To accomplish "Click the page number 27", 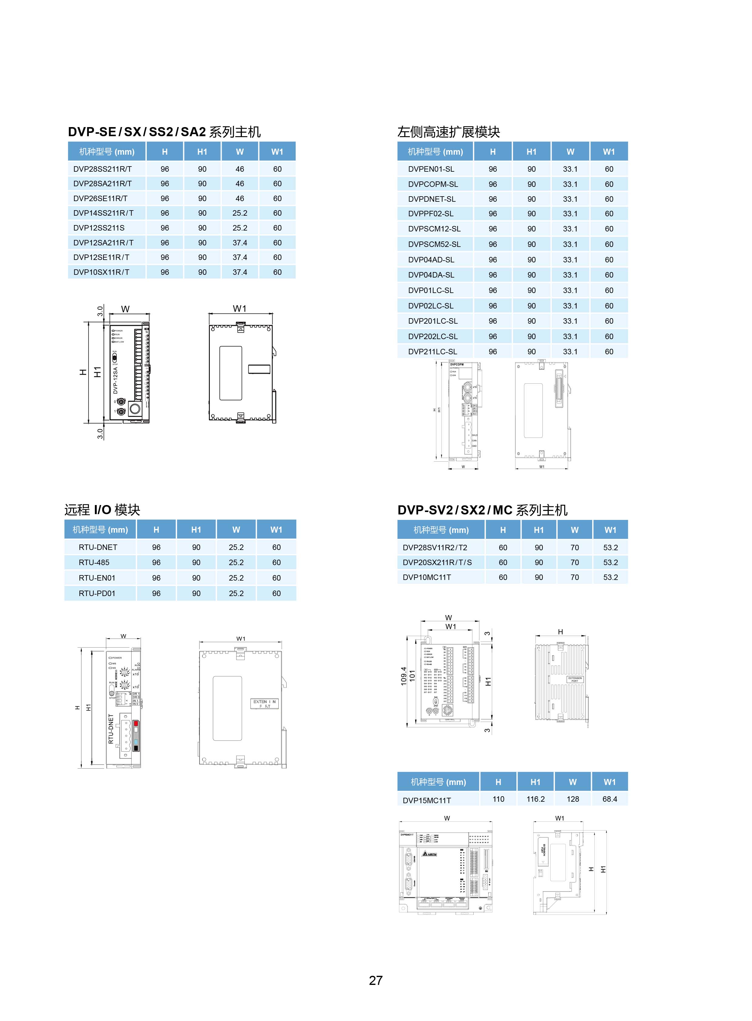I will pos(375,980).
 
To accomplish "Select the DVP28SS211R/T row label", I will pos(102,169).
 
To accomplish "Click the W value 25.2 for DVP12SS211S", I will pos(240,228).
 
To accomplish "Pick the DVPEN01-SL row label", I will pos(431,169).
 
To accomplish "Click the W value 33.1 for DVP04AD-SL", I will pos(570,260).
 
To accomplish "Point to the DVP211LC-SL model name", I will pos(432,352).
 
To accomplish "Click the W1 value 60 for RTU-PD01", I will pos(276,593).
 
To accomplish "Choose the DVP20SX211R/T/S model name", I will pos(437,562).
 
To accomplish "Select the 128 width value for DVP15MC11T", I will pos(573,799).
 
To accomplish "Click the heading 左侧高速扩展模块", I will pos(448,132).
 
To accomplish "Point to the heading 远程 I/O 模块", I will pos(102,510).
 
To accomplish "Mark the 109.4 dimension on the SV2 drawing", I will pos(403,676).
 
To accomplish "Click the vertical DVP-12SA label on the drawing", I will pos(116,381).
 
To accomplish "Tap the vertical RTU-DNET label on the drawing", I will pos(111,729).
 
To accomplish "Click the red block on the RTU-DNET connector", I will pos(136,723).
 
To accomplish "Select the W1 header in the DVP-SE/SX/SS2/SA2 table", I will pos(277,152).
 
